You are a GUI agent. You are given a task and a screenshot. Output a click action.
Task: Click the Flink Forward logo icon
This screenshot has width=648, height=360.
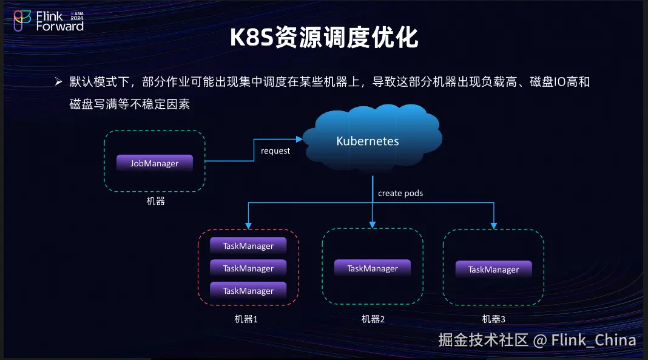23,20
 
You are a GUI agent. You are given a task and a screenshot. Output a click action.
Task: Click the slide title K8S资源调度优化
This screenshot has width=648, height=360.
324,38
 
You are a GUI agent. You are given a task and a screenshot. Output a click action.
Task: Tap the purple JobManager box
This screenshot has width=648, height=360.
155,163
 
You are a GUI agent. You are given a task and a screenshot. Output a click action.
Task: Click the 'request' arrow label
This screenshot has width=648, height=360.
275,151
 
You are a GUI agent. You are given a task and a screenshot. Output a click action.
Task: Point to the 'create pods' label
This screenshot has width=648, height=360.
400,193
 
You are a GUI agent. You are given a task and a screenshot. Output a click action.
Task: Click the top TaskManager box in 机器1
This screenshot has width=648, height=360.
248,246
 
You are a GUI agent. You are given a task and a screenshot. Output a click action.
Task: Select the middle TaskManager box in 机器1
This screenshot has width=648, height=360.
248,268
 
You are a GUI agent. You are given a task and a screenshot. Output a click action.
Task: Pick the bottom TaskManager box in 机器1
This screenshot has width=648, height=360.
248,291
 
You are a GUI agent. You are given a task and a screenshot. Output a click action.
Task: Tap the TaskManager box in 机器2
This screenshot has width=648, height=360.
373,268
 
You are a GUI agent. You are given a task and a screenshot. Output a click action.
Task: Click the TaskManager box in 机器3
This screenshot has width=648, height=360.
493,270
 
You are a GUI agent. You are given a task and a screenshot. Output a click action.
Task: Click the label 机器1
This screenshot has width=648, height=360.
246,319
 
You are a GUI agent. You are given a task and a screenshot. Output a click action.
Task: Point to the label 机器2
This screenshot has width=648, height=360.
373,319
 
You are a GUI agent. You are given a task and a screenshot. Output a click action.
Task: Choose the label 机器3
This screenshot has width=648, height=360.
493,319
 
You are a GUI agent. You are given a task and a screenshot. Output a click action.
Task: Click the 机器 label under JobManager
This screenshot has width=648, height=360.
155,201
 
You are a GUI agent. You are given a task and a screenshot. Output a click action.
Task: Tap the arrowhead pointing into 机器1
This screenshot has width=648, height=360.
248,225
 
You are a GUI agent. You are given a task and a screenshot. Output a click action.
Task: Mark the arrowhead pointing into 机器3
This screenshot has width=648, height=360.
494,225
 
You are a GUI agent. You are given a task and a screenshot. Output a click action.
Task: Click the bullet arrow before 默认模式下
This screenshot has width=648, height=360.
59,81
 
